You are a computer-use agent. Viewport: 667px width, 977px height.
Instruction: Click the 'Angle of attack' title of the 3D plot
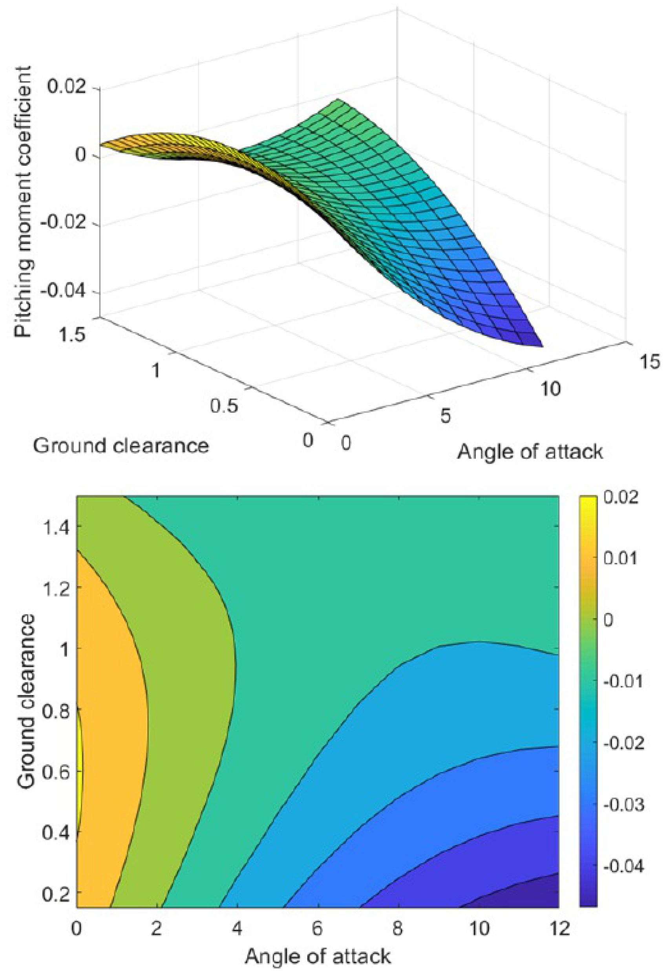pyautogui.click(x=530, y=452)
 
